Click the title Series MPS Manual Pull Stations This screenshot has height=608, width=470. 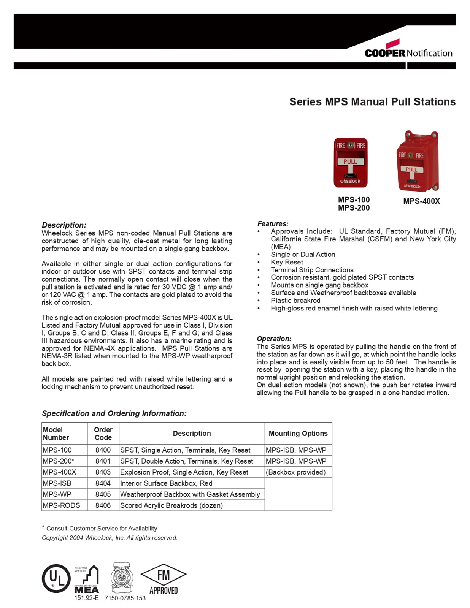point(372,102)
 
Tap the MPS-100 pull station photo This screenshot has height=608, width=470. point(350,163)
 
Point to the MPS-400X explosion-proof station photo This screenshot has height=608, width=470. point(417,161)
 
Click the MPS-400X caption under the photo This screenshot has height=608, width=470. point(421,201)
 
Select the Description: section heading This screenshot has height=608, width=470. point(64,225)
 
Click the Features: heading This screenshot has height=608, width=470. point(273,224)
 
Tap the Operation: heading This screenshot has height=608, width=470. point(274,339)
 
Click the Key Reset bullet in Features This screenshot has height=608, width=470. point(287,262)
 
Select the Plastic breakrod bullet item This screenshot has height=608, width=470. point(295,301)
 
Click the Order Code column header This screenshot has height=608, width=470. point(103,434)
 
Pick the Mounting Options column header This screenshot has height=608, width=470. point(298,434)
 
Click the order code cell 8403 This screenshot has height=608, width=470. point(103,472)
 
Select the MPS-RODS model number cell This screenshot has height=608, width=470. point(62,505)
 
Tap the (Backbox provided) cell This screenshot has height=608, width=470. point(296,472)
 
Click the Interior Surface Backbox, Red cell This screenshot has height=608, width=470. point(166,483)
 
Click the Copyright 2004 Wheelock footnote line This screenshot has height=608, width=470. point(110,538)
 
